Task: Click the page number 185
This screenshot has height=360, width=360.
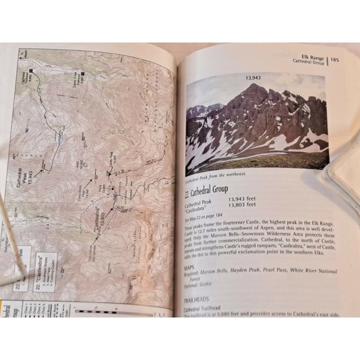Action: click(x=335, y=60)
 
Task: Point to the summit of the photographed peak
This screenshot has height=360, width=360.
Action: click(x=256, y=86)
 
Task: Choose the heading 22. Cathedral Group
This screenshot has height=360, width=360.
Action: click(x=207, y=188)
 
